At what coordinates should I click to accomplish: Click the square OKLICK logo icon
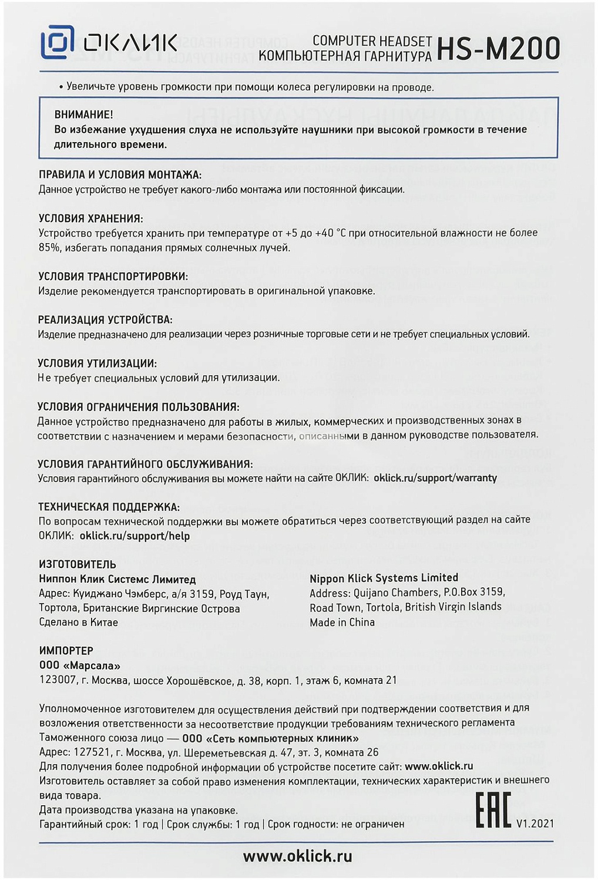pyautogui.click(x=57, y=42)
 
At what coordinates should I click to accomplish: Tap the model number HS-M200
pyautogui.click(x=498, y=49)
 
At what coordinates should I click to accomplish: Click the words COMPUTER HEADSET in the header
pyautogui.click(x=372, y=41)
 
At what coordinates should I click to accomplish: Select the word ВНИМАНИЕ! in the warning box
pyautogui.click(x=83, y=115)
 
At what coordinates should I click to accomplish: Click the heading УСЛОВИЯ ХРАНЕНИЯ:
pyautogui.click(x=90, y=218)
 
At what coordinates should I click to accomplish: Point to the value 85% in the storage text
pyautogui.click(x=49, y=248)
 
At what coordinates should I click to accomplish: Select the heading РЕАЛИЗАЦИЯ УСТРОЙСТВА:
pyautogui.click(x=105, y=320)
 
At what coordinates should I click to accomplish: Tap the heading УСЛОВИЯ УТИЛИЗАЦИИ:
pyautogui.click(x=97, y=364)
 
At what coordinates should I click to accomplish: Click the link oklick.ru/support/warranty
pyautogui.click(x=435, y=478)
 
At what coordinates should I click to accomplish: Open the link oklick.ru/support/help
pyautogui.click(x=135, y=536)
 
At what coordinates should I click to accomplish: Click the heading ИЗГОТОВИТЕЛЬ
pyautogui.click(x=78, y=564)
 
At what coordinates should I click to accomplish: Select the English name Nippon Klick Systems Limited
pyautogui.click(x=384, y=578)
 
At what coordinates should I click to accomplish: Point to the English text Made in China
pyautogui.click(x=342, y=622)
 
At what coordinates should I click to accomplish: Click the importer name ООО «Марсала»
pyautogui.click(x=79, y=665)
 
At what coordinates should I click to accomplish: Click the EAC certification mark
pyautogui.click(x=493, y=810)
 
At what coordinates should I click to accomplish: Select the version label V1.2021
pyautogui.click(x=535, y=823)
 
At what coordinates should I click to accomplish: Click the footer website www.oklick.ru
pyautogui.click(x=297, y=856)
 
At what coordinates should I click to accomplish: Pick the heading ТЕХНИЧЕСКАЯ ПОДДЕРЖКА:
pyautogui.click(x=109, y=507)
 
